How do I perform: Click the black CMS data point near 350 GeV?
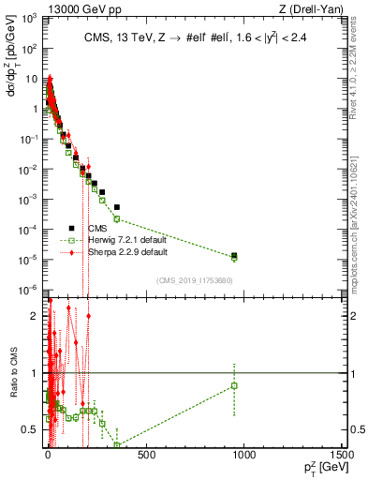point(117,206)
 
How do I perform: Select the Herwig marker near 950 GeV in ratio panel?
point(234,385)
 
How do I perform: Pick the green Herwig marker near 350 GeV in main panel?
point(117,218)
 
